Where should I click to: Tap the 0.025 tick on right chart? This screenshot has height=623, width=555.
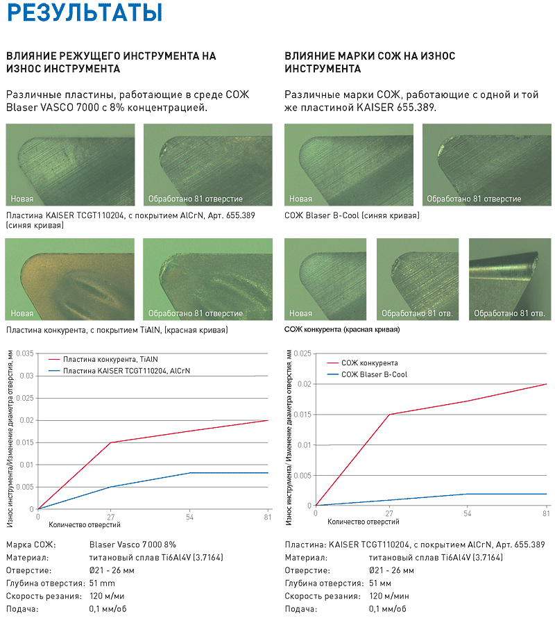pos(302,354)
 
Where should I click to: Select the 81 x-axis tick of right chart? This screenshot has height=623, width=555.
pos(547,513)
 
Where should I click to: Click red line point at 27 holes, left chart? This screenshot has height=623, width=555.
pos(111,442)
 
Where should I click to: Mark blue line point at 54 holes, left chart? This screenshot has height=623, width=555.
pos(190,473)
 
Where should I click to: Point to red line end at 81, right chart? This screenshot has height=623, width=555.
pos(547,384)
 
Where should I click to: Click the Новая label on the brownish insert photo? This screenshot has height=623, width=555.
pos(22,313)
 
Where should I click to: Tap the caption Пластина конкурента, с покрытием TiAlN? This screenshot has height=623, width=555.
pos(117,329)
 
